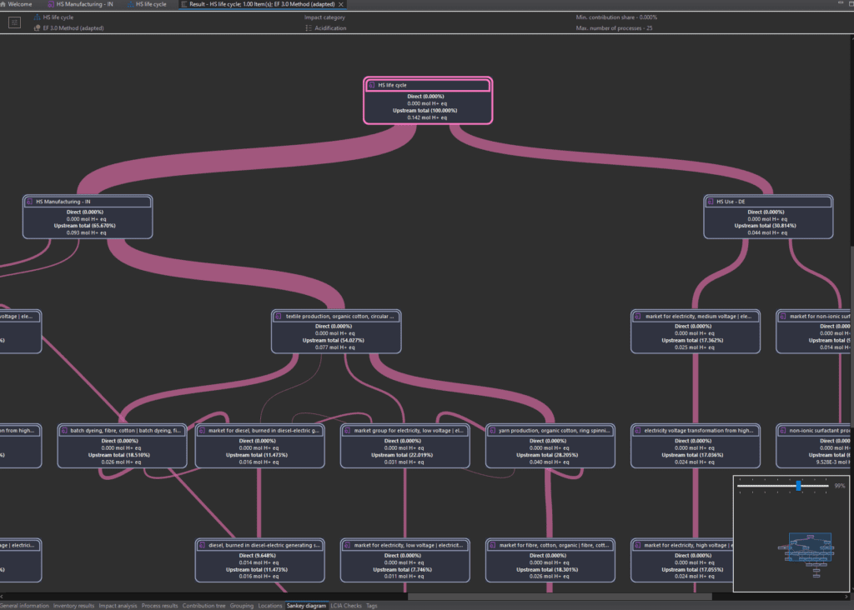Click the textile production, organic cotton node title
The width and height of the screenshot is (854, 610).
tap(338, 317)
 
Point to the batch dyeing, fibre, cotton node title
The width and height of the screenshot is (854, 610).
tap(121, 431)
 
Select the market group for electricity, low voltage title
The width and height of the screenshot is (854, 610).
tap(404, 431)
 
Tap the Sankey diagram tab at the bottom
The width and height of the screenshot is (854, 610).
tap(306, 606)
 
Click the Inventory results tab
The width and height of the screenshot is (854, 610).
tap(73, 606)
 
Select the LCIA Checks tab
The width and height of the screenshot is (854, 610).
tap(346, 606)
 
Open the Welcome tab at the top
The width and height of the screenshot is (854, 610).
tap(20, 4)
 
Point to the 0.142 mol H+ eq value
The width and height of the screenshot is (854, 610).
tap(427, 117)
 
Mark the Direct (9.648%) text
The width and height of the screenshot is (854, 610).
tap(259, 555)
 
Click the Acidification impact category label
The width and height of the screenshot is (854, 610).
tap(330, 28)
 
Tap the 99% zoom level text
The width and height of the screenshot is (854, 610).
tap(840, 485)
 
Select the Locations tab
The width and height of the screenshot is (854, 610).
tap(270, 606)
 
